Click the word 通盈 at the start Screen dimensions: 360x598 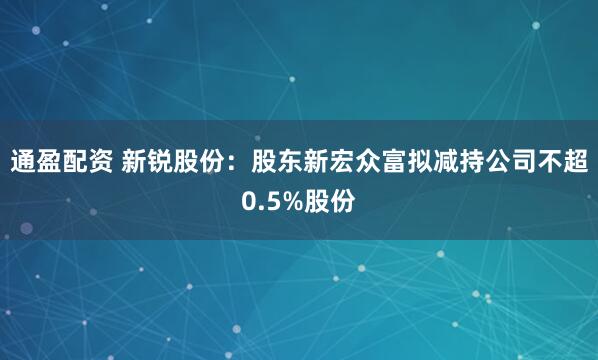pyautogui.click(x=37, y=161)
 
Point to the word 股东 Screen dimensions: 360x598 pyautogui.click(x=276, y=161)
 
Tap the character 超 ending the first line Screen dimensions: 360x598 pyautogui.click(x=576, y=161)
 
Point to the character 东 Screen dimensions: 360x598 pyautogui.click(x=290, y=161)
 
